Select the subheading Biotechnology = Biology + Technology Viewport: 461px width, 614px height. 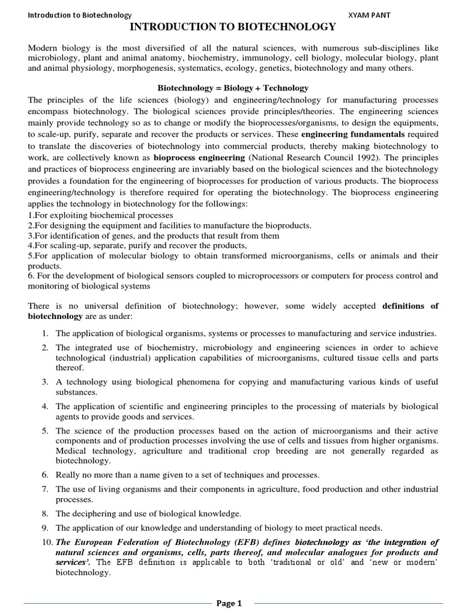coord(233,88)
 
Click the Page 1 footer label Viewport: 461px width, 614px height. coord(229,603)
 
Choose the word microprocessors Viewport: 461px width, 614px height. coord(268,276)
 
